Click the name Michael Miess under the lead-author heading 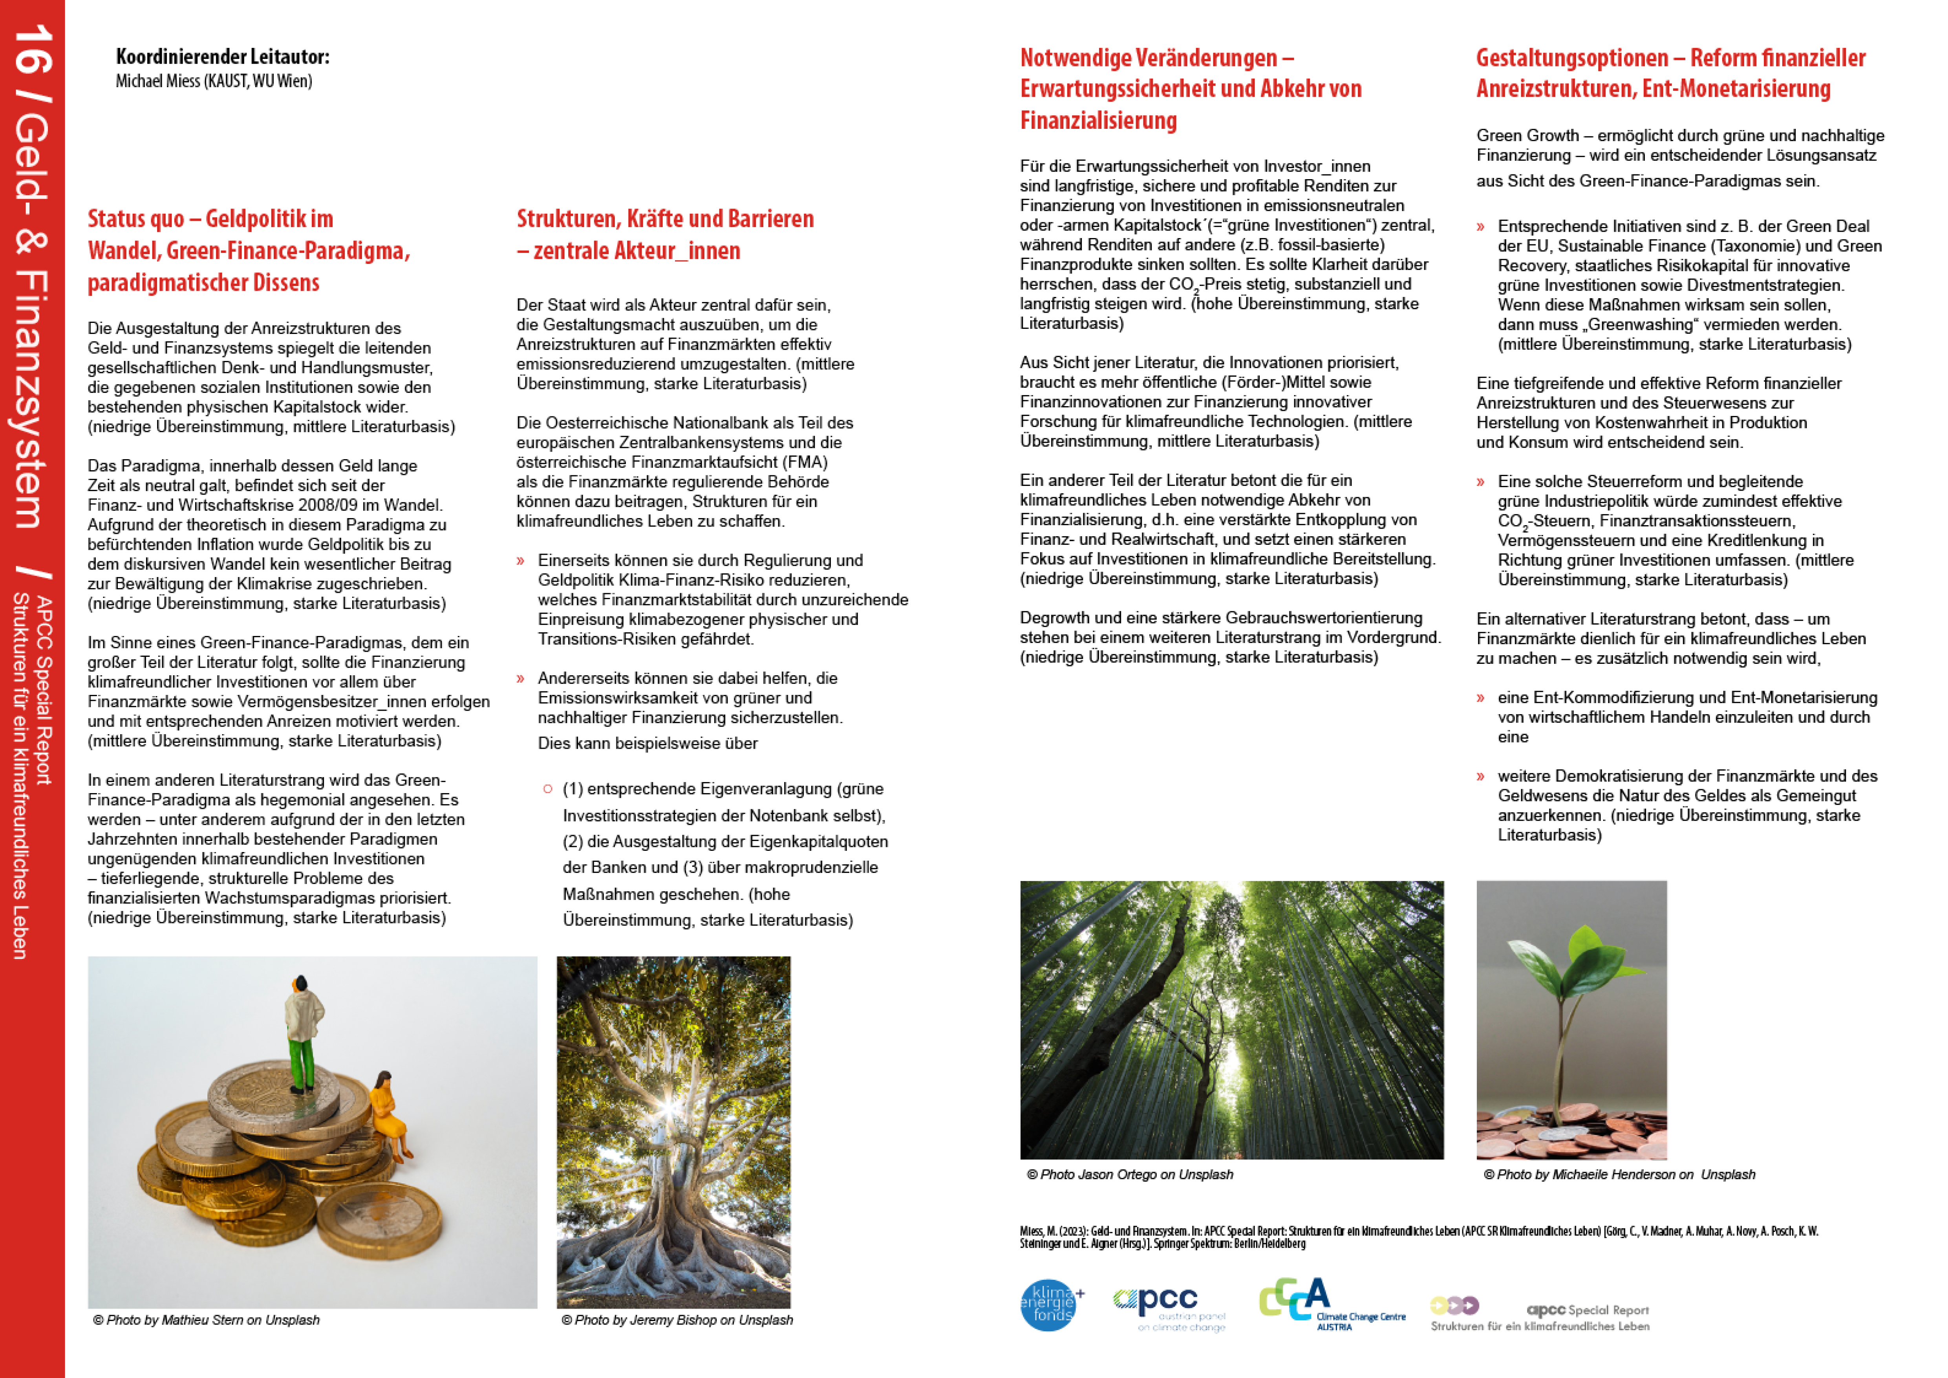pyautogui.click(x=158, y=81)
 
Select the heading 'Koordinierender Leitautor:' pyautogui.click(x=222, y=57)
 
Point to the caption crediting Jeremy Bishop pyautogui.click(x=677, y=1320)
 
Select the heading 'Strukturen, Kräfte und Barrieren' pyautogui.click(x=664, y=219)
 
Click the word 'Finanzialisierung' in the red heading pyautogui.click(x=1098, y=121)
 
